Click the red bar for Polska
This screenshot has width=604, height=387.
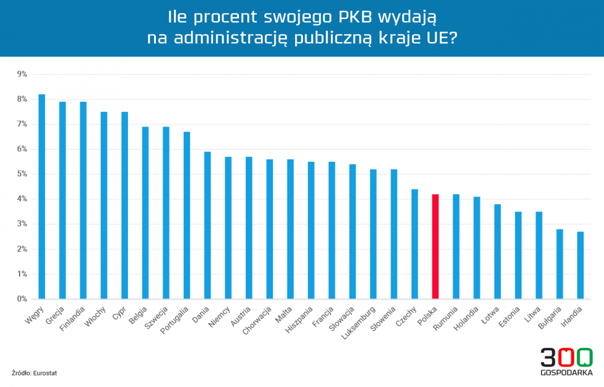pos(435,246)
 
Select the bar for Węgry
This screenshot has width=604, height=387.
pos(42,196)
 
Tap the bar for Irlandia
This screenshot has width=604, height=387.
pos(580,265)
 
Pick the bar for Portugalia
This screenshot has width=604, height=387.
pos(187,215)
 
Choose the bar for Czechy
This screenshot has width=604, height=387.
pos(415,244)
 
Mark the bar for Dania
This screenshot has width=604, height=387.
pos(208,225)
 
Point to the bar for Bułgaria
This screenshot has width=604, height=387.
pos(560,264)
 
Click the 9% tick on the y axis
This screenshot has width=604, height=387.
pos(22,74)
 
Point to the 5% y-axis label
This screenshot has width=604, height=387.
pos(22,174)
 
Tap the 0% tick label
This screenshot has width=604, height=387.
pos(22,299)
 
